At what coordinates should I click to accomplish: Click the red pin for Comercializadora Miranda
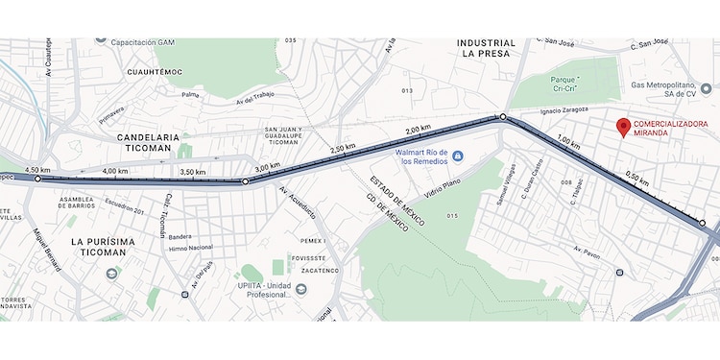623,127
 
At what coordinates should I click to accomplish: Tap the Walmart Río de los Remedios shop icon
458,156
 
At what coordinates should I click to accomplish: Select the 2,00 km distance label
419,130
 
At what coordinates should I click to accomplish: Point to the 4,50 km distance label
37,170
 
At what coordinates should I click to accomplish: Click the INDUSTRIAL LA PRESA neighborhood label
486,49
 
